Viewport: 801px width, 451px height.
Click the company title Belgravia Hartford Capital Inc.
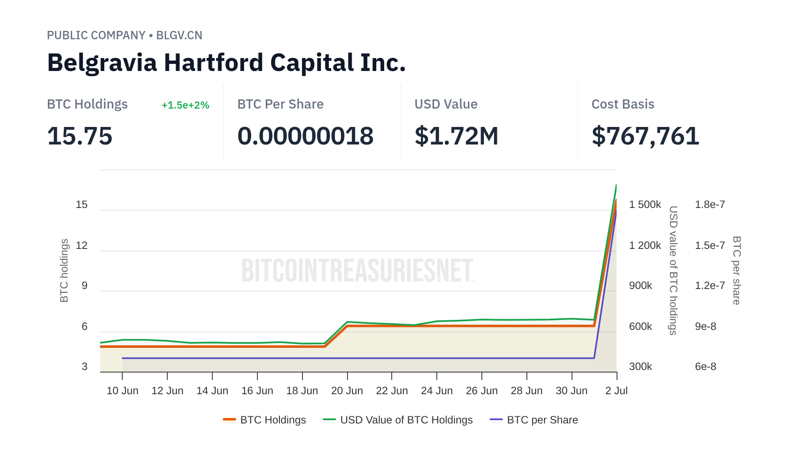tap(226, 63)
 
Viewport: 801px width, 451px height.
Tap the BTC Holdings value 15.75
tap(80, 136)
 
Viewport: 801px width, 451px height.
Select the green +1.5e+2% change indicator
tap(185, 105)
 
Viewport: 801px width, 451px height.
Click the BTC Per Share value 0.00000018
tap(305, 136)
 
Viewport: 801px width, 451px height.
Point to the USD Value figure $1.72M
tap(456, 136)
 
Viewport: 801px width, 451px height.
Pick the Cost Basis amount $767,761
tap(645, 136)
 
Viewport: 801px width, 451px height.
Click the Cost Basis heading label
tap(622, 104)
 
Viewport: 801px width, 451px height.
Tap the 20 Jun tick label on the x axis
tap(347, 391)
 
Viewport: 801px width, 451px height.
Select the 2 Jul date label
tap(616, 391)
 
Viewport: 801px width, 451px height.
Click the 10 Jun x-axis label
tap(122, 391)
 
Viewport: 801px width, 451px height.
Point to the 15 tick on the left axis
tap(81, 205)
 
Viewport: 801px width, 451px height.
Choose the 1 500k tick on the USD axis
tap(645, 205)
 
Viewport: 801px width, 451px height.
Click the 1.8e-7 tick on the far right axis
tap(710, 205)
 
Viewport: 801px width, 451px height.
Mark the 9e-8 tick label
tap(705, 327)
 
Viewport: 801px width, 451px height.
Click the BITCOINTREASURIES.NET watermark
tap(358, 271)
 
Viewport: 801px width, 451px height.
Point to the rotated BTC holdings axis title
tap(64, 271)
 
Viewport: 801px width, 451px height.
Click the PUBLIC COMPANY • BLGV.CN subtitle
tap(124, 35)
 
